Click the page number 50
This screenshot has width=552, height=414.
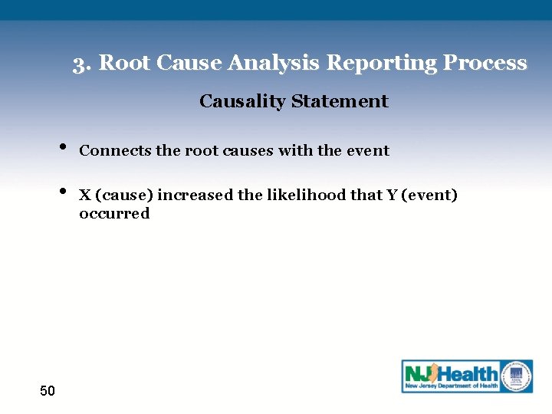click(48, 392)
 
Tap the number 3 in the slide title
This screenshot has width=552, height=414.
click(78, 63)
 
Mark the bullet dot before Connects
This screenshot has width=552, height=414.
click(61, 146)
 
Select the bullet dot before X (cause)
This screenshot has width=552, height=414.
click(61, 191)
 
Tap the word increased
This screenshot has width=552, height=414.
click(195, 195)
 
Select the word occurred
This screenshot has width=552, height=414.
click(114, 214)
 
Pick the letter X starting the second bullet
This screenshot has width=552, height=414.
click(84, 195)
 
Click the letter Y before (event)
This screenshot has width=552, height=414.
click(392, 195)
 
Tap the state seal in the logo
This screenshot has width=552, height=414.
click(517, 375)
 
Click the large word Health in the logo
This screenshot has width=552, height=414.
click(468, 374)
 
